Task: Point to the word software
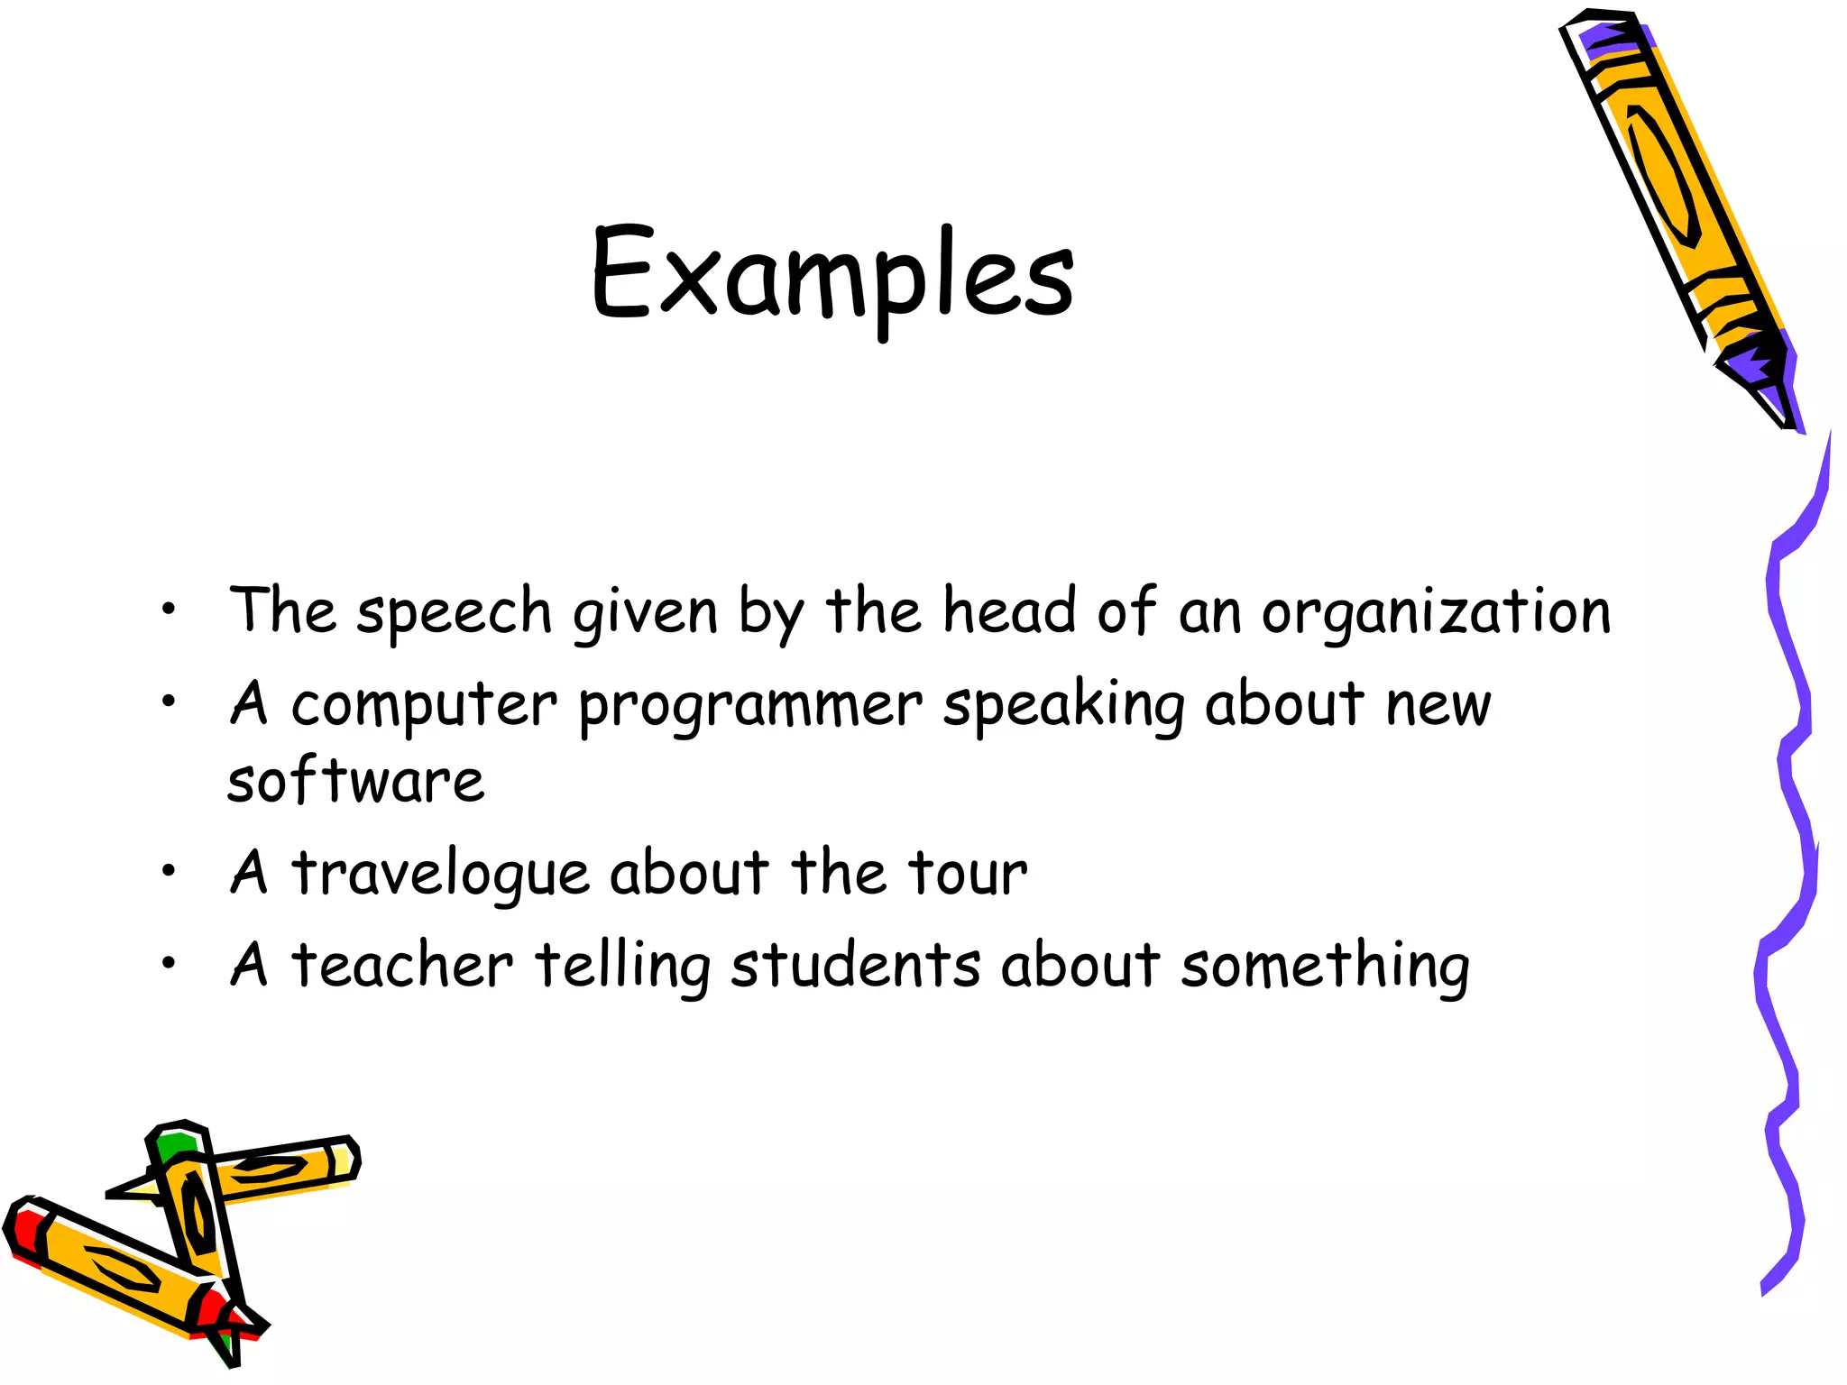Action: (355, 781)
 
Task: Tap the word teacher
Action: (402, 966)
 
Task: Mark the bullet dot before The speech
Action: (168, 610)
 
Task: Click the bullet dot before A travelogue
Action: (168, 871)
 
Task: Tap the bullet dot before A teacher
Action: (168, 964)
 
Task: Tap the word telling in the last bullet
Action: (623, 966)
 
